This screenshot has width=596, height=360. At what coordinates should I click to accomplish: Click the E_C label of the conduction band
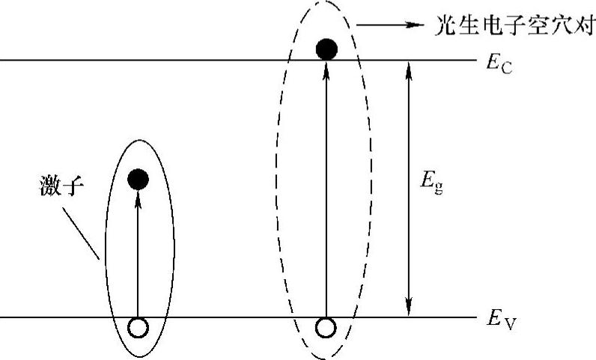(499, 63)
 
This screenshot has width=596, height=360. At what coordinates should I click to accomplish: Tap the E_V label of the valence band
(499, 321)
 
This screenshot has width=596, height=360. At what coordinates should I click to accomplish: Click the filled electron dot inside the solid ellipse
(138, 179)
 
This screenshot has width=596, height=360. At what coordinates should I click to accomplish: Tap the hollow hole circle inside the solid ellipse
(138, 327)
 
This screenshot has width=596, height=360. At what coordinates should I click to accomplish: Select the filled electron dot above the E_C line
(326, 49)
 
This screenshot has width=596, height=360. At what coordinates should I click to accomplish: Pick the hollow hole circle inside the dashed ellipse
(326, 327)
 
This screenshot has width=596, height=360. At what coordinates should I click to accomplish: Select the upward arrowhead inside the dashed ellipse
(326, 67)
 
